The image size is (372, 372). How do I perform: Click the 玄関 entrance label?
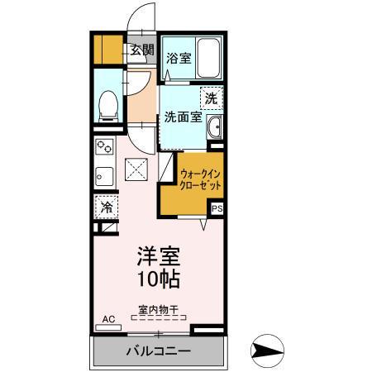coord(142,50)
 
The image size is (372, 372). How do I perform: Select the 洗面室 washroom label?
coord(182,117)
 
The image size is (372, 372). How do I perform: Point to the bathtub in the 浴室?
coord(205,58)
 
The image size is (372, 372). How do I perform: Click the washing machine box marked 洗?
coord(212,98)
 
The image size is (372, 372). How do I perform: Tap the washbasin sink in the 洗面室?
coord(215,127)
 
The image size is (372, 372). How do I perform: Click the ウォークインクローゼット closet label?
coord(200,180)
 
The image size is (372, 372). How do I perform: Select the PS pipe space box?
coord(217,209)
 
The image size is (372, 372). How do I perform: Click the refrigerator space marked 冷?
coord(107,206)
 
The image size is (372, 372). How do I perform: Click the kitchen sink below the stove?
coord(105,176)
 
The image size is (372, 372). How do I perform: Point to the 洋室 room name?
coord(159,255)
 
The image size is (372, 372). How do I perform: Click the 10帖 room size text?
coord(159,279)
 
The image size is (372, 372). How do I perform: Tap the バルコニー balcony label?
coord(158,351)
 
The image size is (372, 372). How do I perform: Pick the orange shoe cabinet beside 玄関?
coord(107,50)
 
